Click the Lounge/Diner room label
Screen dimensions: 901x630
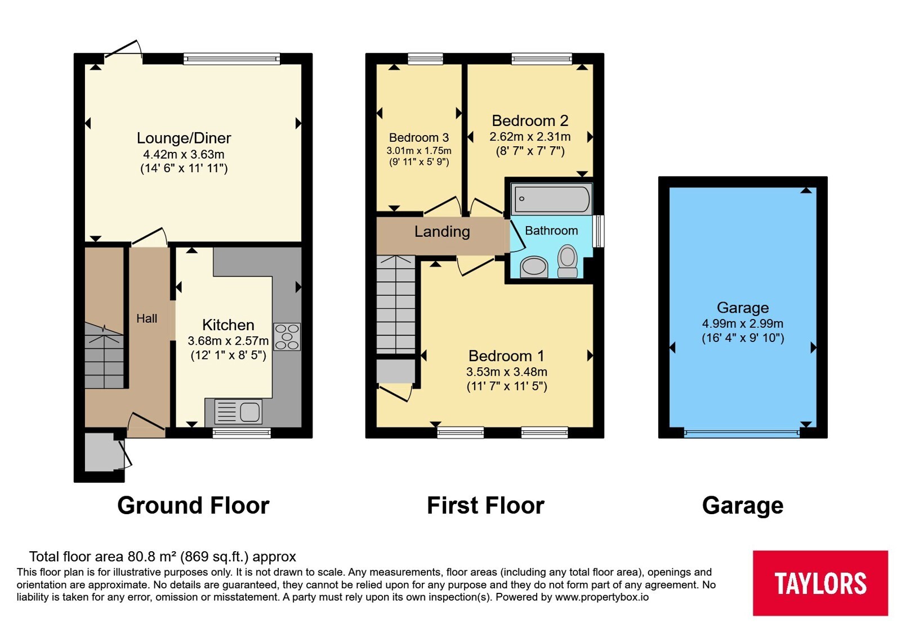(x=184, y=138)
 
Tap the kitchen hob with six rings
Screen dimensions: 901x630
(x=287, y=337)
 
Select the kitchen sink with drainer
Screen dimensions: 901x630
(x=238, y=411)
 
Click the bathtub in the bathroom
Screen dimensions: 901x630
(x=551, y=199)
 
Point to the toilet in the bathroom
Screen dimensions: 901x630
(x=568, y=261)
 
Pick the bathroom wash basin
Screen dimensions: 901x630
(x=534, y=267)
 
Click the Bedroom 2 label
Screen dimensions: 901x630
(x=530, y=120)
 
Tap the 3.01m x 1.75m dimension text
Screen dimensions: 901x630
(x=419, y=151)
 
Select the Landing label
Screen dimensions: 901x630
(x=442, y=231)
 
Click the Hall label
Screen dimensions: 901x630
(x=146, y=318)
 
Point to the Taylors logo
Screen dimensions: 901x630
(x=820, y=583)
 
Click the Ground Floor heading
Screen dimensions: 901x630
(x=193, y=505)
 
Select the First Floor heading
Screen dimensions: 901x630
(x=485, y=505)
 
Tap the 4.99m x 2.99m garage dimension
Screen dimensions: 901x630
(x=743, y=323)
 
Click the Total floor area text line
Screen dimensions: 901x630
(x=163, y=556)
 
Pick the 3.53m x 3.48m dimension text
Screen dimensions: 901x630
(x=506, y=372)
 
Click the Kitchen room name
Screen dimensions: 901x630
(x=228, y=325)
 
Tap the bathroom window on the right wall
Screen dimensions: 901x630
(x=599, y=231)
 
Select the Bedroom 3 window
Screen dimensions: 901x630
(x=425, y=59)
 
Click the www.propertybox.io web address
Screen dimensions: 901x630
(x=602, y=597)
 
